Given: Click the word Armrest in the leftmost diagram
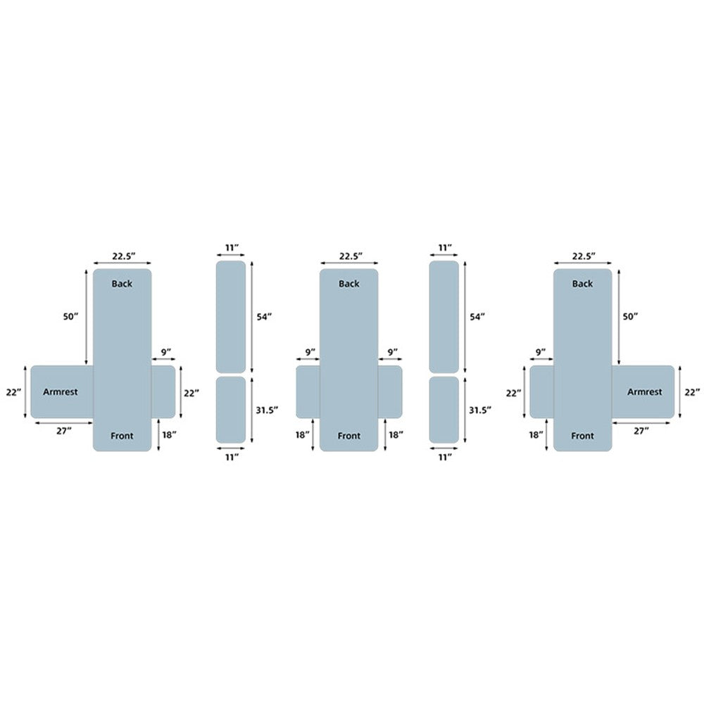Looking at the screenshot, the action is tap(60, 392).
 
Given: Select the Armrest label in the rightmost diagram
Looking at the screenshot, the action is tap(644, 392).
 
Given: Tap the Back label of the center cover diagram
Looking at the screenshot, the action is tap(349, 284).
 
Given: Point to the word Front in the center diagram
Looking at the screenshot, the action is tap(349, 436).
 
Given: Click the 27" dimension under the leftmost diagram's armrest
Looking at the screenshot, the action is tap(64, 431).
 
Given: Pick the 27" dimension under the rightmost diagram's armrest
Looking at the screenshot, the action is tap(641, 431).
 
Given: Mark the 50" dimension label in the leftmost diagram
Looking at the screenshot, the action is tap(70, 317).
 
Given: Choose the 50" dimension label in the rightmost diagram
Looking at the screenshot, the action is tap(630, 317).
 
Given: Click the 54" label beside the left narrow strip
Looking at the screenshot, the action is tap(264, 317).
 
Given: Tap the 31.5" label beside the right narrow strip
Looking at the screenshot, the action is tap(480, 410).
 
